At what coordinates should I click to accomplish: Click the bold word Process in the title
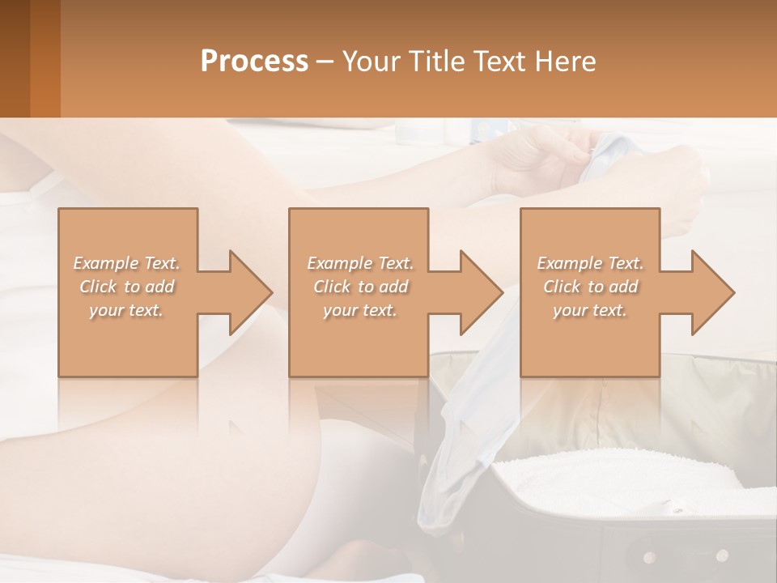tap(254, 62)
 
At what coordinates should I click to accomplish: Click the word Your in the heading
tap(374, 62)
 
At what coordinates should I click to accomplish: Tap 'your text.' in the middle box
tap(359, 310)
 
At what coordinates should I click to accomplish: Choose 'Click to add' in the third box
tap(591, 287)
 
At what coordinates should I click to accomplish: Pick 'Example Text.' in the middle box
tap(359, 263)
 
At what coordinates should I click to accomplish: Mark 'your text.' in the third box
tap(590, 310)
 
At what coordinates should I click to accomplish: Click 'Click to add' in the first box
tap(127, 287)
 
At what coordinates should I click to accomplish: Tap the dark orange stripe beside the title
tap(45, 58)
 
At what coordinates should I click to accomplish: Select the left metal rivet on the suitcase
tap(649, 557)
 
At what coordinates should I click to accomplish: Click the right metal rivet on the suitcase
tap(722, 555)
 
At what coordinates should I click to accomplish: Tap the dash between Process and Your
tap(325, 62)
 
